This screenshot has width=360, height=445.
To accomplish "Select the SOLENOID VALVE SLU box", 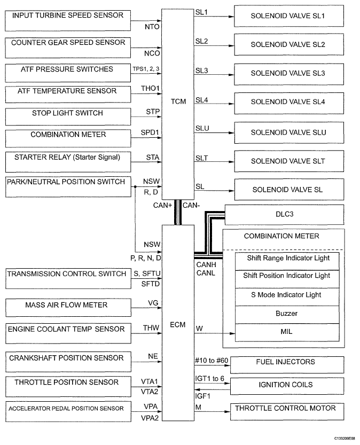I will click(288, 132).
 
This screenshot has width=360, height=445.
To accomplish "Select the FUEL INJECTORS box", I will click(288, 364).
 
